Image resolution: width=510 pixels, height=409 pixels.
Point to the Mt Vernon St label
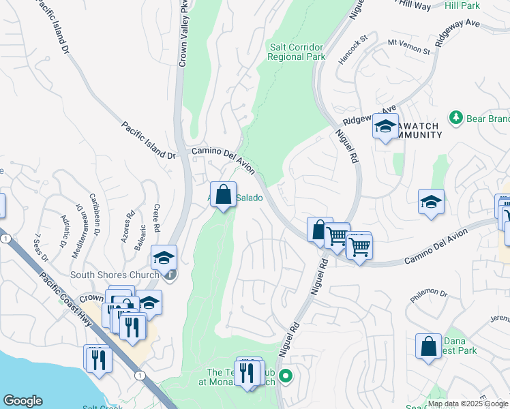point(409,46)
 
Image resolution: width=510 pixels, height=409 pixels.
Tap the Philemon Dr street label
point(428,294)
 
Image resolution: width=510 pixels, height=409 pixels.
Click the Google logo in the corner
point(22,401)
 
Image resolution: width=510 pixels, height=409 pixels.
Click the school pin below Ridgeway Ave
point(385,127)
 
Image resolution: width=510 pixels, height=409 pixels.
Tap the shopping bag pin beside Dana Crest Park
point(428,346)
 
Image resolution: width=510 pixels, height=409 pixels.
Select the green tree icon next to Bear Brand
point(455,118)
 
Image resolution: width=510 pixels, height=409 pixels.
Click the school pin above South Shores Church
point(164,258)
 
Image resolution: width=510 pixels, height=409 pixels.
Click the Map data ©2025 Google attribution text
point(468,404)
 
